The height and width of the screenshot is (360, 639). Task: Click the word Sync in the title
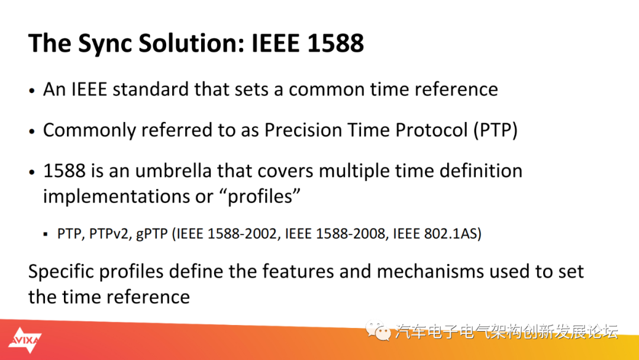tap(105, 44)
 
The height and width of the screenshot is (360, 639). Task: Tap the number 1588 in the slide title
tap(335, 43)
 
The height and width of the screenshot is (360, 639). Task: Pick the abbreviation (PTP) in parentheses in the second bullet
tap(496, 130)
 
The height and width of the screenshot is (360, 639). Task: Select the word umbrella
tap(173, 171)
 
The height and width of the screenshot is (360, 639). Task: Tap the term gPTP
tap(151, 234)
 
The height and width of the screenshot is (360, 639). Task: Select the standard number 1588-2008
tap(351, 234)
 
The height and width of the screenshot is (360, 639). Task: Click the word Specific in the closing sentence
tap(61, 272)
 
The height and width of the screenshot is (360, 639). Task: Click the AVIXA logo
tap(25, 340)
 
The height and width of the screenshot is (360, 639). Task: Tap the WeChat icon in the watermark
tap(377, 330)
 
